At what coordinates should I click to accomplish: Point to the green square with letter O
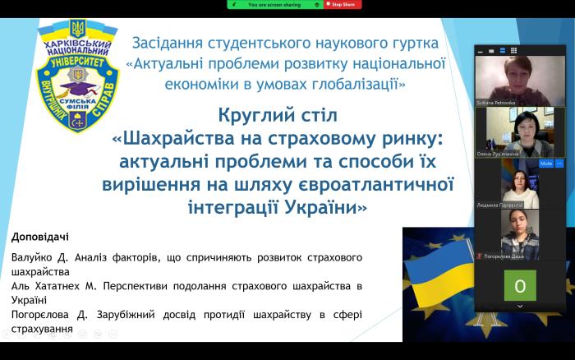click(x=520, y=285)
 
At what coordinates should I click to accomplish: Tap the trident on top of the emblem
click(x=78, y=27)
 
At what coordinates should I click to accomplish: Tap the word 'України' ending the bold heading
click(x=321, y=206)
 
